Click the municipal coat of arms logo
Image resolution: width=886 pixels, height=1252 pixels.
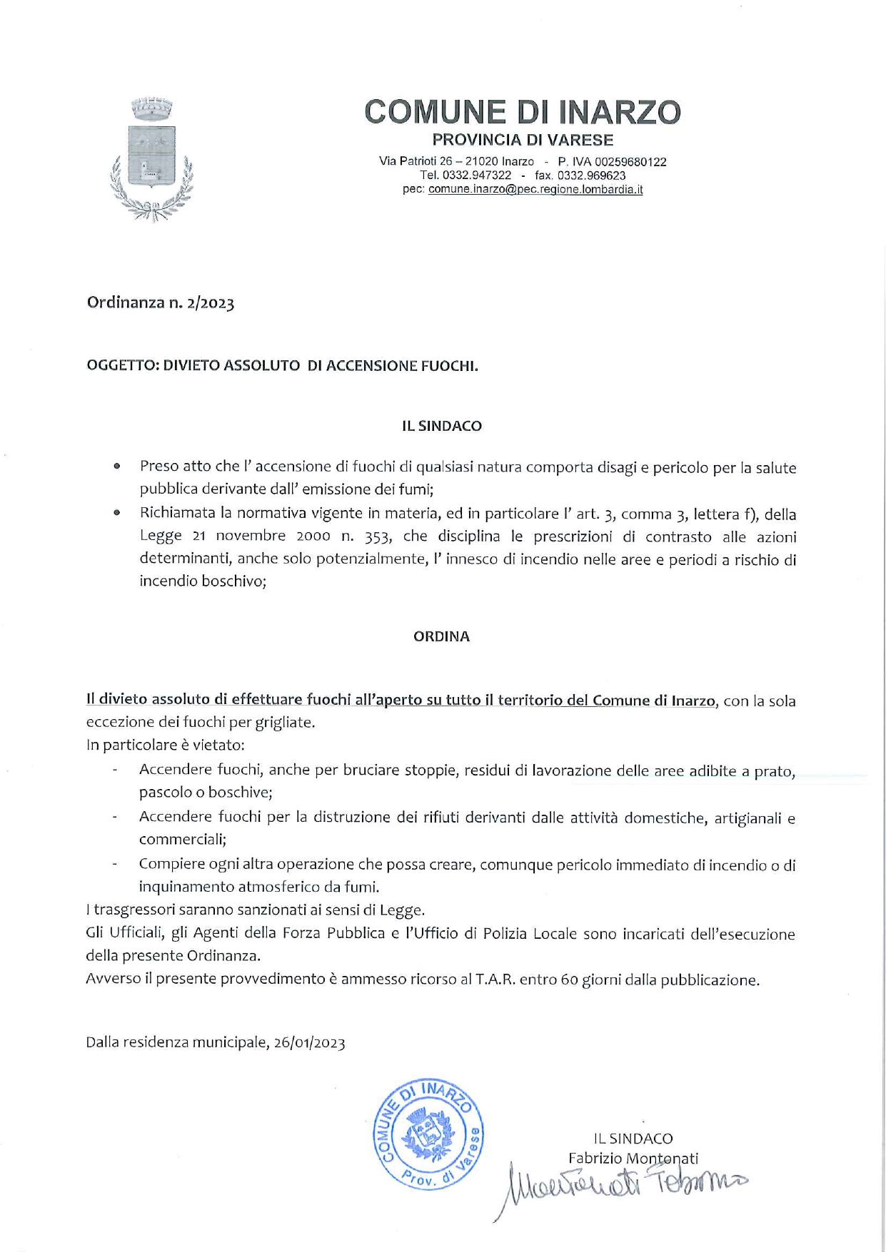(x=151, y=159)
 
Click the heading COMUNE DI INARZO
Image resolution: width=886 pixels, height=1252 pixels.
(x=522, y=112)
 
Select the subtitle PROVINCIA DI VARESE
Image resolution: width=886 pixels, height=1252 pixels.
(x=523, y=140)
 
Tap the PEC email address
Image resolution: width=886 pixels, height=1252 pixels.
(x=535, y=190)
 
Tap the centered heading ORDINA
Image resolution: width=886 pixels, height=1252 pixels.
(x=441, y=637)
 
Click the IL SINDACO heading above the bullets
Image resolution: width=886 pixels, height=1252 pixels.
(x=441, y=426)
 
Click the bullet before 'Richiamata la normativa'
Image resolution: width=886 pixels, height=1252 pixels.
(x=116, y=513)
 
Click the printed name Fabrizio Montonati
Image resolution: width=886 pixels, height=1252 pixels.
(x=633, y=1159)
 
